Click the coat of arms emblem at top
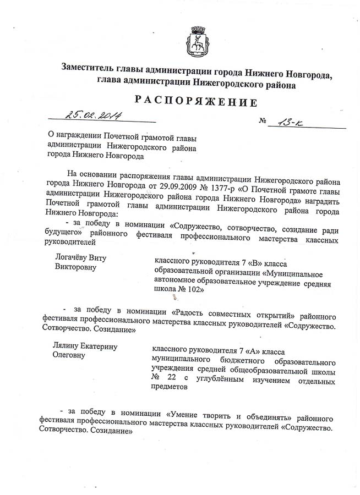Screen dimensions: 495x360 197,39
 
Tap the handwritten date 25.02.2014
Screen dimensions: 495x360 94,115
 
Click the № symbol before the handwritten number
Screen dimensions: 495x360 261,121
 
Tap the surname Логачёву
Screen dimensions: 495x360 74,257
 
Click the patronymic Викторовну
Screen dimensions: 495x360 76,267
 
